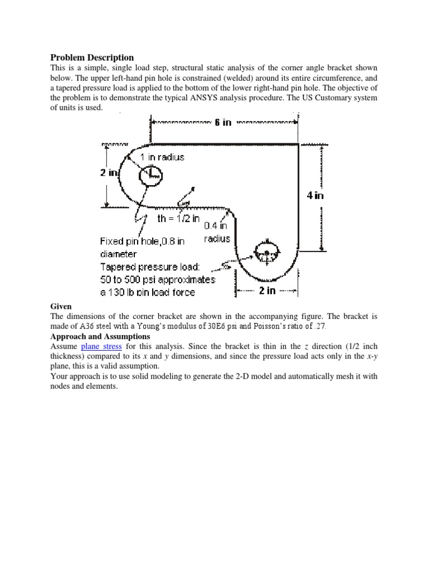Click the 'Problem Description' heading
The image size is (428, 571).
(92, 57)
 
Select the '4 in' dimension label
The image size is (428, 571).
(315, 195)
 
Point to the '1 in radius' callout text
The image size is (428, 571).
(162, 157)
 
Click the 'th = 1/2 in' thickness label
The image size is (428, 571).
(178, 219)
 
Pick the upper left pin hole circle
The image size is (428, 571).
(150, 176)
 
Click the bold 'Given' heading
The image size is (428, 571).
(61, 306)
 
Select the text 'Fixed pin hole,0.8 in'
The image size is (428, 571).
(142, 241)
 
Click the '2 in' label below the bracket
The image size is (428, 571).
(267, 291)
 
